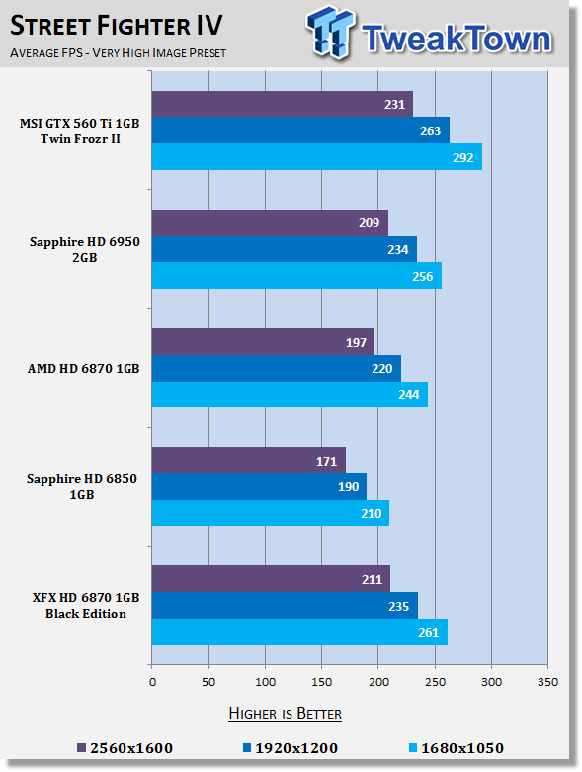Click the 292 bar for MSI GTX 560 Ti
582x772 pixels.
pos(317,157)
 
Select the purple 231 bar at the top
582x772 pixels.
pos(283,104)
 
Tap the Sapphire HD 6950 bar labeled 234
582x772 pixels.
pos(285,249)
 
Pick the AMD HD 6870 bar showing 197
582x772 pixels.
pos(263,342)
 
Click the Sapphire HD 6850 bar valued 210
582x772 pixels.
pos(271,513)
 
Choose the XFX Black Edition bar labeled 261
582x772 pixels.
pos(299,632)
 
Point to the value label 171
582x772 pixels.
pos(326,462)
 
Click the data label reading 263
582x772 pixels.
pos(430,130)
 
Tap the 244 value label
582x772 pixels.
pos(408,394)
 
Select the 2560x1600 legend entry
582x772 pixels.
pos(125,748)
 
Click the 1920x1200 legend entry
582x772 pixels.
pos(291,748)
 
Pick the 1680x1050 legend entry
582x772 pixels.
pos(457,748)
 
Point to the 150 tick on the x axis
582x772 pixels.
pos(322,682)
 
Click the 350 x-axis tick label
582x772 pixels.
pos(547,682)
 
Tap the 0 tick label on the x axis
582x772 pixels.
pos(152,682)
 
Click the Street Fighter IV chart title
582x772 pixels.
pos(117,25)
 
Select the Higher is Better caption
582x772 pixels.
pos(285,714)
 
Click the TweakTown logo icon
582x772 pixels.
pos(330,32)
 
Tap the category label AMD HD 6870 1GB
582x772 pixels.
pos(84,369)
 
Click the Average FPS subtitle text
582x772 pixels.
pos(118,53)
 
